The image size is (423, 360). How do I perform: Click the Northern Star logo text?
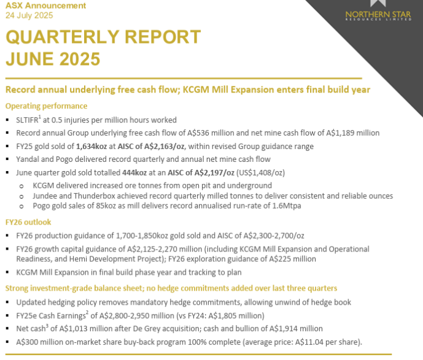coord(374,15)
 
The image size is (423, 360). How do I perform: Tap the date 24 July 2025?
coord(29,15)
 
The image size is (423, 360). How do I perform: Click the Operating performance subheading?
coord(46,105)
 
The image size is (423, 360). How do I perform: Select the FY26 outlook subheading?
coord(28,222)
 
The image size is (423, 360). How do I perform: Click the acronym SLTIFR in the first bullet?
coord(28,120)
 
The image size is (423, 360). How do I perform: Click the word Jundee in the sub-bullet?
coord(45,196)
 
